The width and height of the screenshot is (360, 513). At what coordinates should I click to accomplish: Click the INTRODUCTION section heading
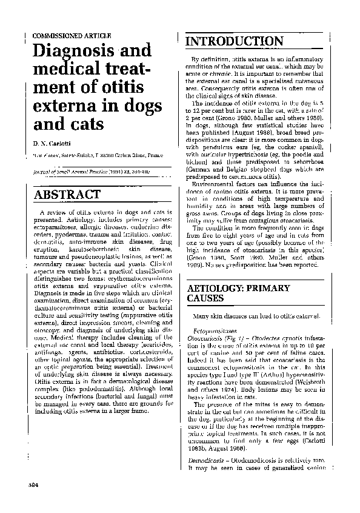click(234, 41)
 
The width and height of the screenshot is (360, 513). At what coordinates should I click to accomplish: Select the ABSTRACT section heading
click(67, 195)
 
